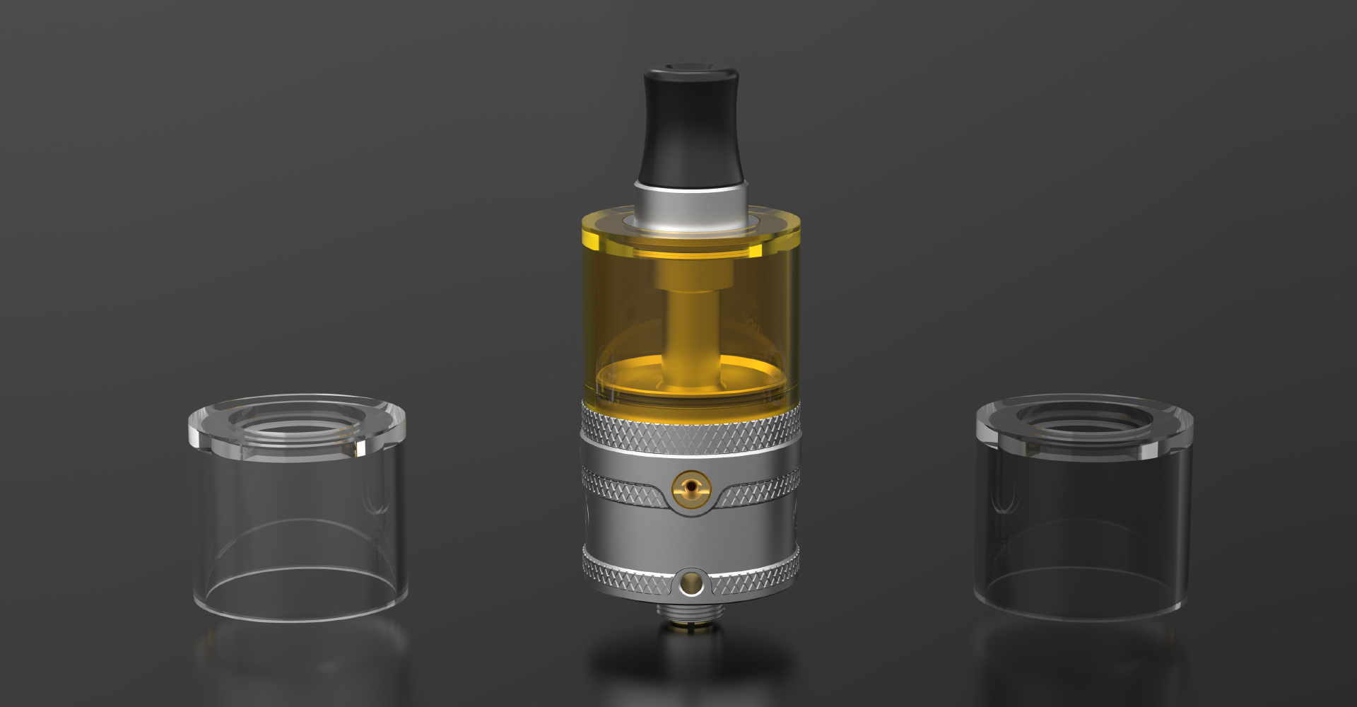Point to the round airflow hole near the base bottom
pos(691,584)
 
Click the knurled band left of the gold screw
pos(622,488)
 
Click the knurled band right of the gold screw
pos(760,488)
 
